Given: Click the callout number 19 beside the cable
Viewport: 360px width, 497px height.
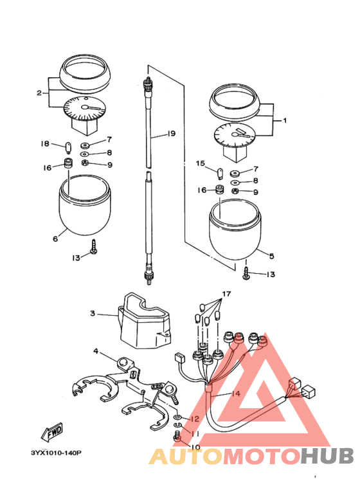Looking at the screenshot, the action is (171, 134).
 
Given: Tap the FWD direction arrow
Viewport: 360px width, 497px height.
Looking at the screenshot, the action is (52, 431).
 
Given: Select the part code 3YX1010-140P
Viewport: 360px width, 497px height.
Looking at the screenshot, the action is (56, 452).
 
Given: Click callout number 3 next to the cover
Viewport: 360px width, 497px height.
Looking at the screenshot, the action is (92, 314).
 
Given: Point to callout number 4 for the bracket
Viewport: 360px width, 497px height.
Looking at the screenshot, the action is (96, 351).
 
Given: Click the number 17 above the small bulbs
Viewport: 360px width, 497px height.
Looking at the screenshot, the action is (226, 294).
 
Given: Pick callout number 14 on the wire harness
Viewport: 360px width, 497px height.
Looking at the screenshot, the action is (236, 393).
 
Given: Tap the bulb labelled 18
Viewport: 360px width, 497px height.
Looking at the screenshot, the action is (68, 148).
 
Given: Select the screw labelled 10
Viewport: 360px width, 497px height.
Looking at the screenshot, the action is (177, 436).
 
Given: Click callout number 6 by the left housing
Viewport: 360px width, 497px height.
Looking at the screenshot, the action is (55, 239).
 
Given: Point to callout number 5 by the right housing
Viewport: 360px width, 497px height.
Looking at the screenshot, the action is (271, 256).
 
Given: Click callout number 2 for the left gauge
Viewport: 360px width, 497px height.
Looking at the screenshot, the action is (39, 93).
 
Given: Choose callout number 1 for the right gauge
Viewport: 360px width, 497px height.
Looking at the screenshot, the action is (285, 120).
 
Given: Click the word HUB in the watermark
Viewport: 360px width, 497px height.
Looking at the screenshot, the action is (327, 456).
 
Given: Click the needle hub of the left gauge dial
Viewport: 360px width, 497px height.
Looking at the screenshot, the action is (85, 107).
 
